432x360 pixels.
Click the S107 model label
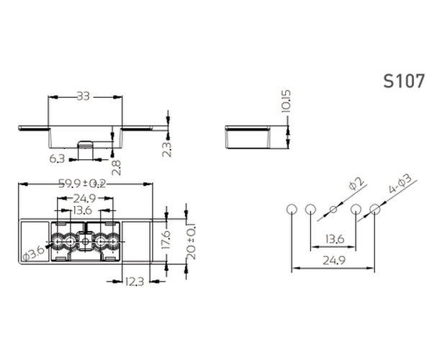point(404,81)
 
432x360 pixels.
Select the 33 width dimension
point(84,96)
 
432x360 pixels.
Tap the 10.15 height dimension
point(286,101)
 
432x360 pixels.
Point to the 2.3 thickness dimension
point(167,149)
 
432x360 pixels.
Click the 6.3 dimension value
point(57,158)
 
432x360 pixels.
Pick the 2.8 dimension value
point(117,168)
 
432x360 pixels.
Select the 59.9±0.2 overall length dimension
point(82,184)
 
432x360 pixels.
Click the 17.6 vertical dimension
point(166,240)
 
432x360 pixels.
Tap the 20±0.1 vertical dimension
point(191,242)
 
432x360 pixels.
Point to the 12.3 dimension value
point(135,282)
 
